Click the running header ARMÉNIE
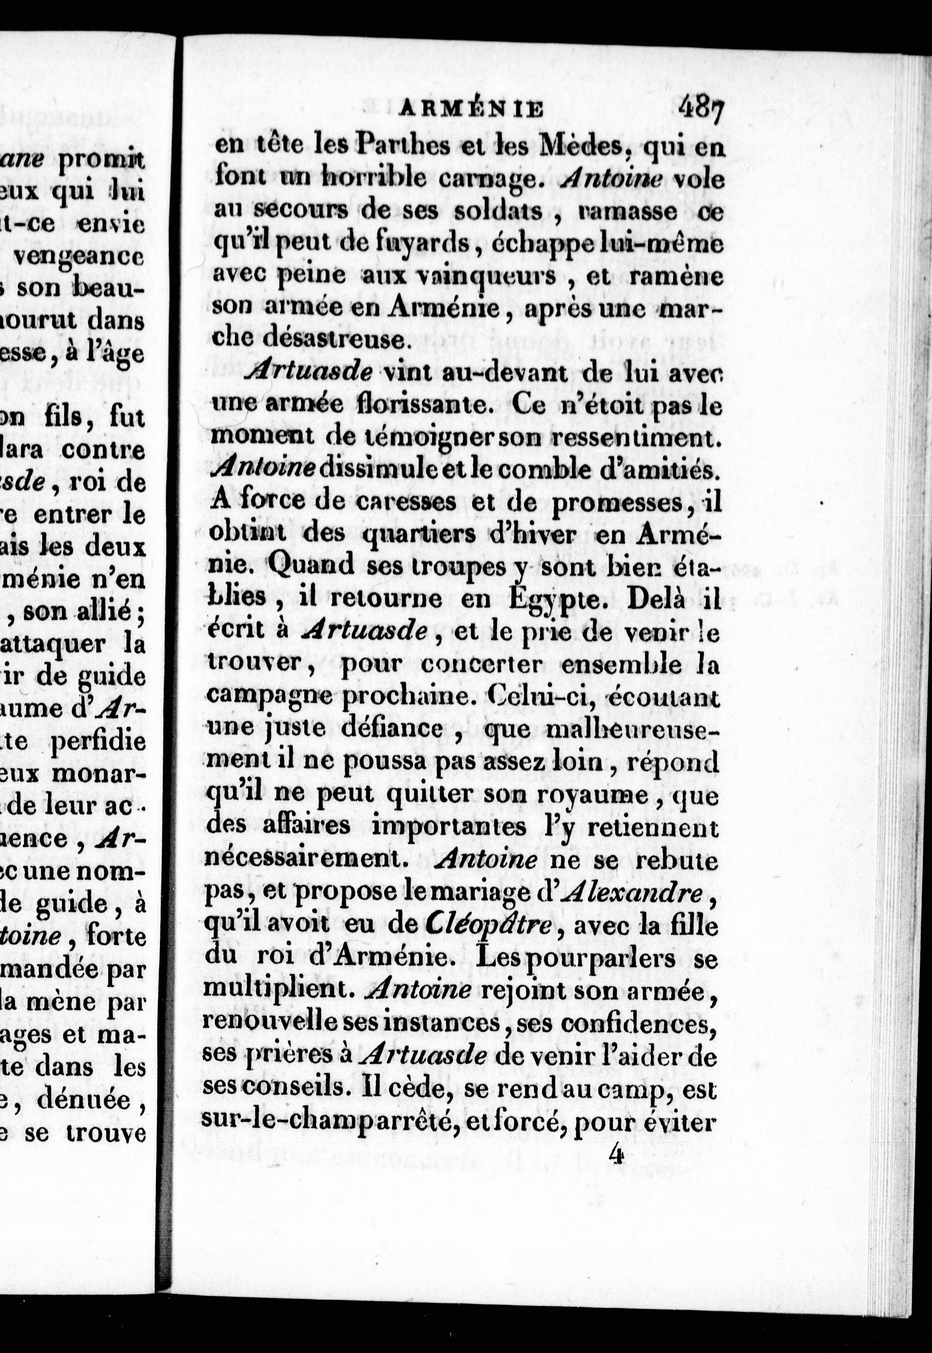pyautogui.click(x=470, y=109)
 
